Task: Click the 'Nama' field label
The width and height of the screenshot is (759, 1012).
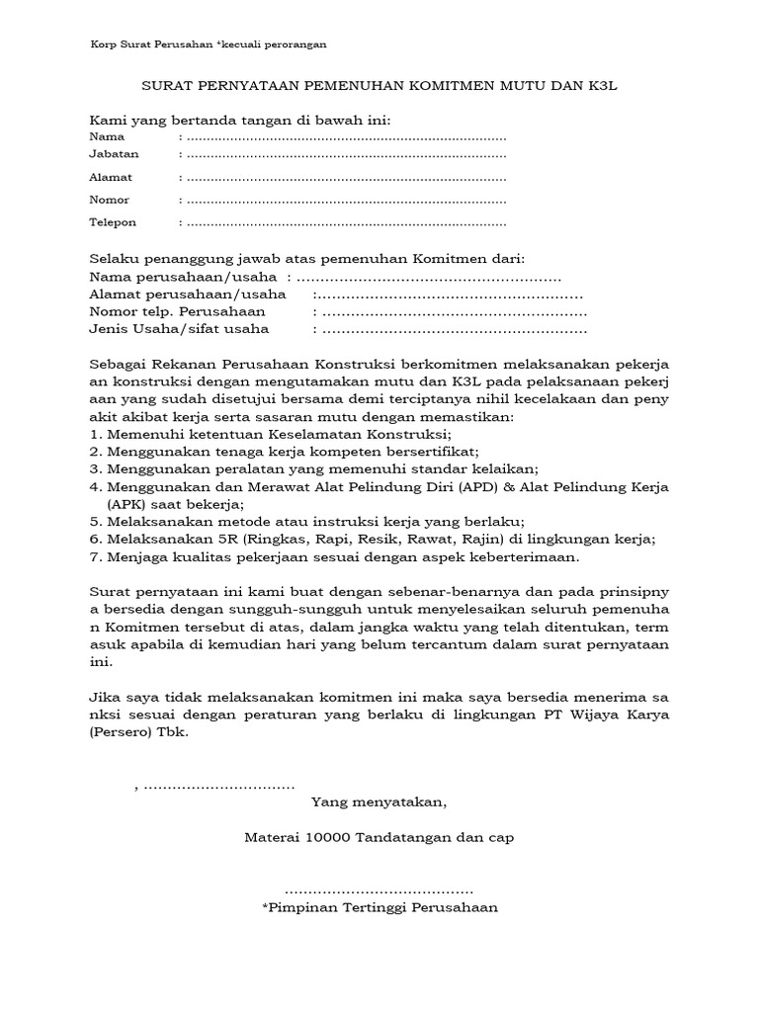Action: [107, 136]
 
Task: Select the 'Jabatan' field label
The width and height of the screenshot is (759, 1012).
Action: [114, 154]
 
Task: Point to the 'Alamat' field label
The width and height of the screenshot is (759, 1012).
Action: [111, 177]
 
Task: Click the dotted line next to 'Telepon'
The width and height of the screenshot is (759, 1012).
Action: [346, 223]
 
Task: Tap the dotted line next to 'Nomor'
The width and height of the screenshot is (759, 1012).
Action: [346, 201]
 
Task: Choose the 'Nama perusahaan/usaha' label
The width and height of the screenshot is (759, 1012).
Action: [183, 278]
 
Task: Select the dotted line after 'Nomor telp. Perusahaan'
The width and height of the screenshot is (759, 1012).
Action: [450, 312]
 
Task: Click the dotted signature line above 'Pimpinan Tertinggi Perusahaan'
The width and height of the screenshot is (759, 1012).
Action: [379, 889]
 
